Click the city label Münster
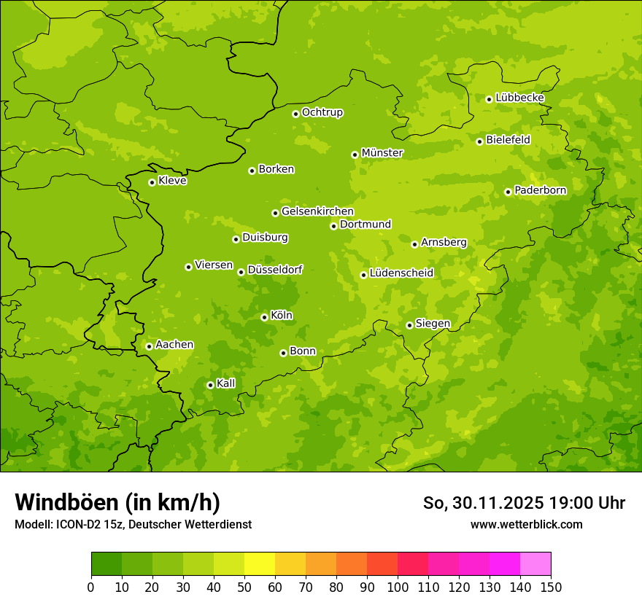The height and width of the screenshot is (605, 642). [382, 153]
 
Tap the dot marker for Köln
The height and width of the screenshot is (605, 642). [264, 317]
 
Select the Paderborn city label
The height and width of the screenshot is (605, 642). [540, 190]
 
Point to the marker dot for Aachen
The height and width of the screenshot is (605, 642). [149, 346]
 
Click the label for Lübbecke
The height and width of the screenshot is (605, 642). [519, 98]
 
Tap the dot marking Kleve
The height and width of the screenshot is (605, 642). [152, 182]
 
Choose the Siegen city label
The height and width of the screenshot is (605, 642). [433, 324]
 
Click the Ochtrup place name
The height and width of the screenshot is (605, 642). [322, 112]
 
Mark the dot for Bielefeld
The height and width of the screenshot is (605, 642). [479, 141]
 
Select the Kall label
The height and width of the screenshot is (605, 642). [225, 383]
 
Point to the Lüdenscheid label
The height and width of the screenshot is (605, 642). [401, 273]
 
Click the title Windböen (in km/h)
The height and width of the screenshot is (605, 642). [117, 502]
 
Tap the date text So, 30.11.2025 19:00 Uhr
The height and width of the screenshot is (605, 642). [524, 503]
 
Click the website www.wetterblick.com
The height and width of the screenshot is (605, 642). [526, 525]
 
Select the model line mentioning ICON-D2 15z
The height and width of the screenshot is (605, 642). [133, 525]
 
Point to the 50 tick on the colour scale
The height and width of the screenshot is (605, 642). [244, 588]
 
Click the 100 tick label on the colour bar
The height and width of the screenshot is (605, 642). [398, 588]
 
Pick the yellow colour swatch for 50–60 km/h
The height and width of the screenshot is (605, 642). [260, 564]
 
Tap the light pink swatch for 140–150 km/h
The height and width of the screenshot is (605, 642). [535, 564]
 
